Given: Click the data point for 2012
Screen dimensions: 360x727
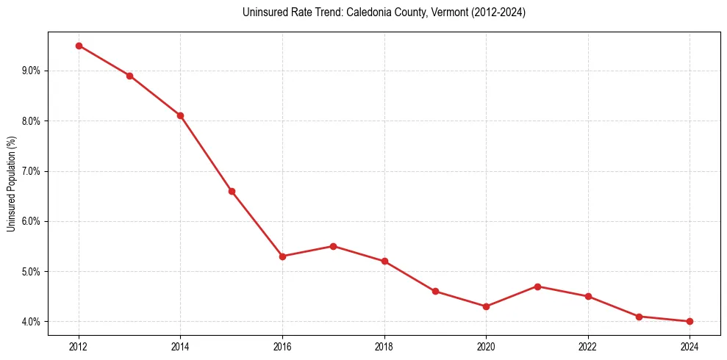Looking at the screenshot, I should [x=79, y=46].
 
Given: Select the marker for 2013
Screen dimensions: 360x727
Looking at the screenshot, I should [x=129, y=76].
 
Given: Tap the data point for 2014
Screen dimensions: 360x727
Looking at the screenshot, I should [x=180, y=115].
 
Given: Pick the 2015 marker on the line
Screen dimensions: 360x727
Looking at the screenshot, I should [x=232, y=191].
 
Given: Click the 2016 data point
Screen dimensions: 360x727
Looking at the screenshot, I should [x=282, y=256].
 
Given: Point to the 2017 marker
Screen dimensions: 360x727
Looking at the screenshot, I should [x=333, y=246].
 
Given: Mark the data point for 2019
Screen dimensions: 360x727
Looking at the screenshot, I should [x=435, y=292].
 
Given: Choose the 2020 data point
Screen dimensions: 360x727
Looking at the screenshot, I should [x=486, y=306].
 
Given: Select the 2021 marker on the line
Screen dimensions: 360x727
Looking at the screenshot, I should [x=537, y=287].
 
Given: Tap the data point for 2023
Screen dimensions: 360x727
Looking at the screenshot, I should [x=639, y=317].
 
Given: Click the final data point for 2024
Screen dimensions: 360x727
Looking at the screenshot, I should [x=690, y=322].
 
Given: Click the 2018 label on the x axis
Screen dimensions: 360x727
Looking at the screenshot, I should [x=384, y=346].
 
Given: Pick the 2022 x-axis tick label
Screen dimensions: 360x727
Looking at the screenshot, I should [x=588, y=346].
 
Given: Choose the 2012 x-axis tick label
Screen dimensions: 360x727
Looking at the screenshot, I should [x=79, y=346].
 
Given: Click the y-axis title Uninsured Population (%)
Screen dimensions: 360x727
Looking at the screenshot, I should [x=11, y=184].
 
